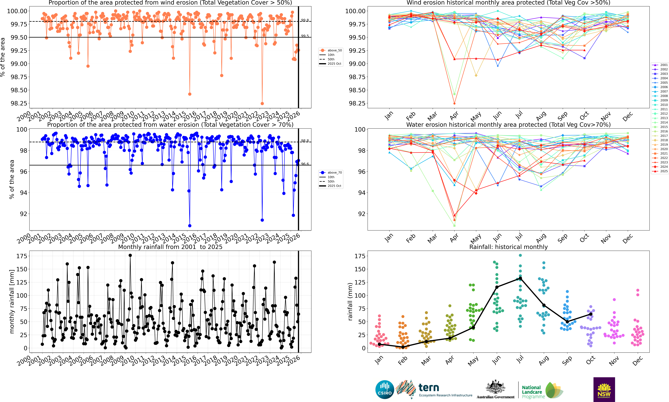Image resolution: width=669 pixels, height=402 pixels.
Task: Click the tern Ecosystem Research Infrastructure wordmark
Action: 445,390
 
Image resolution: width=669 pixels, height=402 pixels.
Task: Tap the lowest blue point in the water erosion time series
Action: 190,226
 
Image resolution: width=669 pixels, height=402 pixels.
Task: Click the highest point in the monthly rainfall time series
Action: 130,255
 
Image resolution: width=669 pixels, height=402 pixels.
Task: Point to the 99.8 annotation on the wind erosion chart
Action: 305,20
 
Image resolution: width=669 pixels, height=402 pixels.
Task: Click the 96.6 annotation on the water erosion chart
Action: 305,164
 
